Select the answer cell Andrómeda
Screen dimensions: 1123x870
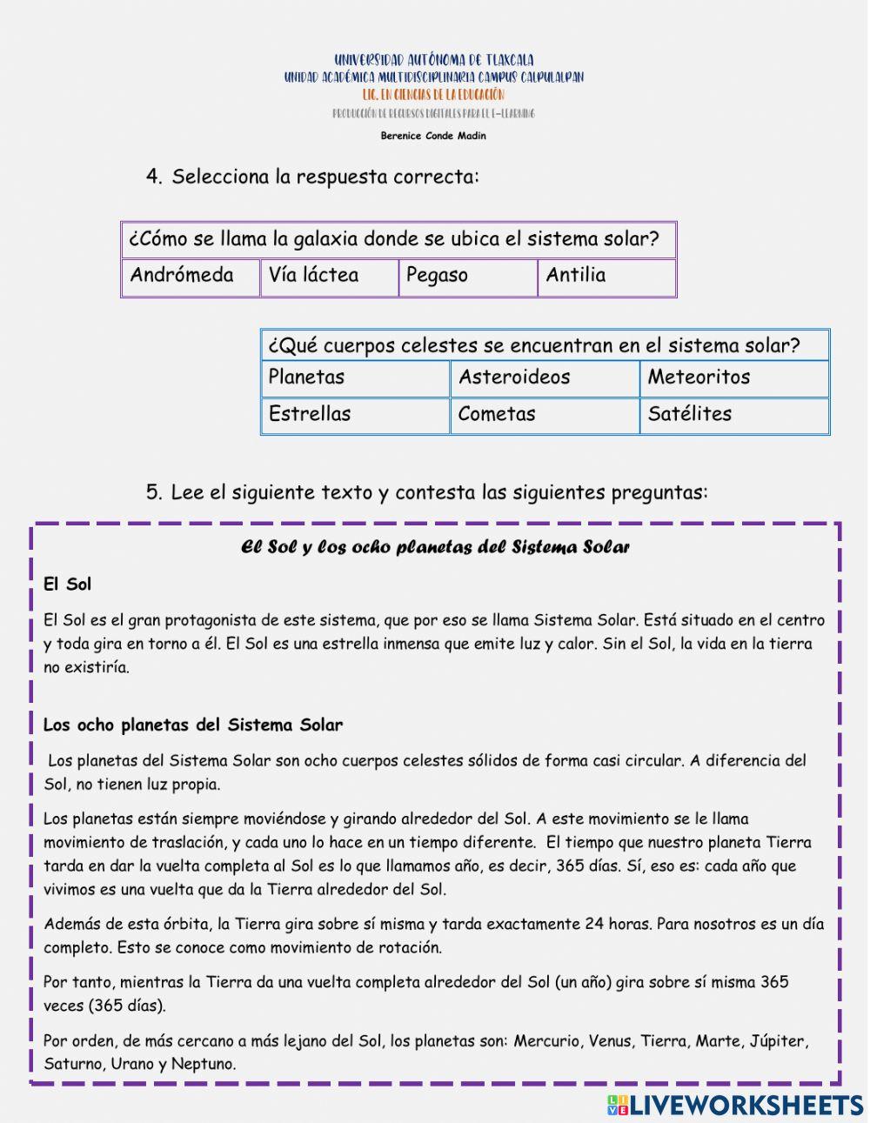point(191,277)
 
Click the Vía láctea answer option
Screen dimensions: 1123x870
point(329,277)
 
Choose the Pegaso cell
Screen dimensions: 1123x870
point(468,277)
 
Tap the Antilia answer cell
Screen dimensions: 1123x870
point(606,277)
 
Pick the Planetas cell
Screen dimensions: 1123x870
point(355,378)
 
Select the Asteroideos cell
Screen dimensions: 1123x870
point(545,378)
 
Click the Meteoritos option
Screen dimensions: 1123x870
point(734,378)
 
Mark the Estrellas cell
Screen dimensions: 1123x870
point(355,415)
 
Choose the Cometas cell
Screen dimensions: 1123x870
point(545,415)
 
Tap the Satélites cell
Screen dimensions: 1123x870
point(734,415)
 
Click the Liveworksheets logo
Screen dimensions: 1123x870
point(735,1105)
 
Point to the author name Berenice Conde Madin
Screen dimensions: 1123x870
point(433,136)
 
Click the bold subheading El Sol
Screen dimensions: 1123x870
point(68,585)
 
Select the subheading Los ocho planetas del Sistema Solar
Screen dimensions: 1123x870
point(193,725)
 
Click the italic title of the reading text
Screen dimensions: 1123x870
point(435,547)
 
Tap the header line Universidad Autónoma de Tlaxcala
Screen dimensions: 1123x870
point(433,60)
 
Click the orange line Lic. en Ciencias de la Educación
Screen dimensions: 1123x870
point(433,95)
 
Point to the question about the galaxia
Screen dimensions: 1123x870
point(394,239)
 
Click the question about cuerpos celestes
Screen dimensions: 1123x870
point(534,345)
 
